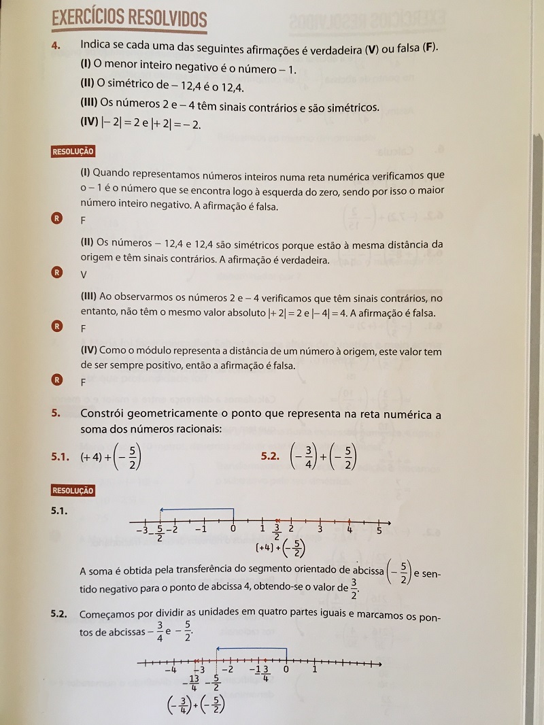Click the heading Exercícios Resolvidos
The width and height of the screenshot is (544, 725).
tap(129, 20)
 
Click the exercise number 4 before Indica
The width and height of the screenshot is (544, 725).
tap(57, 46)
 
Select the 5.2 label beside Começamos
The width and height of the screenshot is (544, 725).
tap(59, 614)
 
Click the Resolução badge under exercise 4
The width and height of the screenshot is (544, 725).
tap(73, 152)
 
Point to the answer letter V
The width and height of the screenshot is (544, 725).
tap(84, 275)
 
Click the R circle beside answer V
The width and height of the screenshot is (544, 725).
tap(57, 273)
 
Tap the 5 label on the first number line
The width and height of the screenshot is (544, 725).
tap(379, 530)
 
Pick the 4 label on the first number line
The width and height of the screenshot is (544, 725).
tap(350, 530)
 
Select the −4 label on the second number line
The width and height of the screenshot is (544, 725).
tap(171, 670)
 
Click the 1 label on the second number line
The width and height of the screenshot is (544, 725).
tap(315, 669)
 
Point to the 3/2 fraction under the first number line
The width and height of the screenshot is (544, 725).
tap(277, 532)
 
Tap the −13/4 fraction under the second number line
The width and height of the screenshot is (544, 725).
tap(193, 682)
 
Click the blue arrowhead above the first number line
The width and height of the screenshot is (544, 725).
tap(160, 509)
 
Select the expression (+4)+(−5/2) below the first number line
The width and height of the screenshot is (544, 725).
tap(280, 549)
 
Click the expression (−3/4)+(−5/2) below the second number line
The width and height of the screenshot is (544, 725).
tap(197, 706)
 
